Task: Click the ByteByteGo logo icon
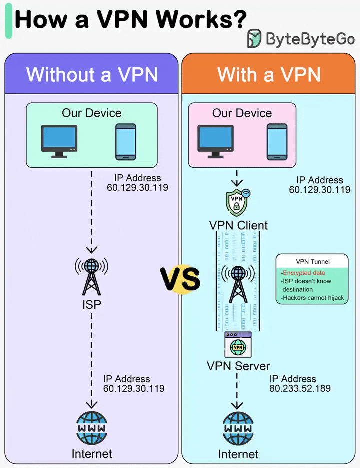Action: pos(254,38)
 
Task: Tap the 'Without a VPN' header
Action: pos(92,74)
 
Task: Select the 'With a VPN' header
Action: pos(269,74)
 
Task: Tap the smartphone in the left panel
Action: pos(125,142)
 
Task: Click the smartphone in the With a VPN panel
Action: pos(276,142)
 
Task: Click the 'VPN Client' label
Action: pos(238,225)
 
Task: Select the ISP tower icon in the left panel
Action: pos(91,277)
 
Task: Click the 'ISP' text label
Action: pos(91,303)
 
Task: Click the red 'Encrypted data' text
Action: pos(304,273)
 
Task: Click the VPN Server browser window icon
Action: pos(238,344)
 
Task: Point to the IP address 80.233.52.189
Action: pos(300,388)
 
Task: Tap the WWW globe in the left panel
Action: pos(91,429)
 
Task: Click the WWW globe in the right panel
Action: pos(238,429)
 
